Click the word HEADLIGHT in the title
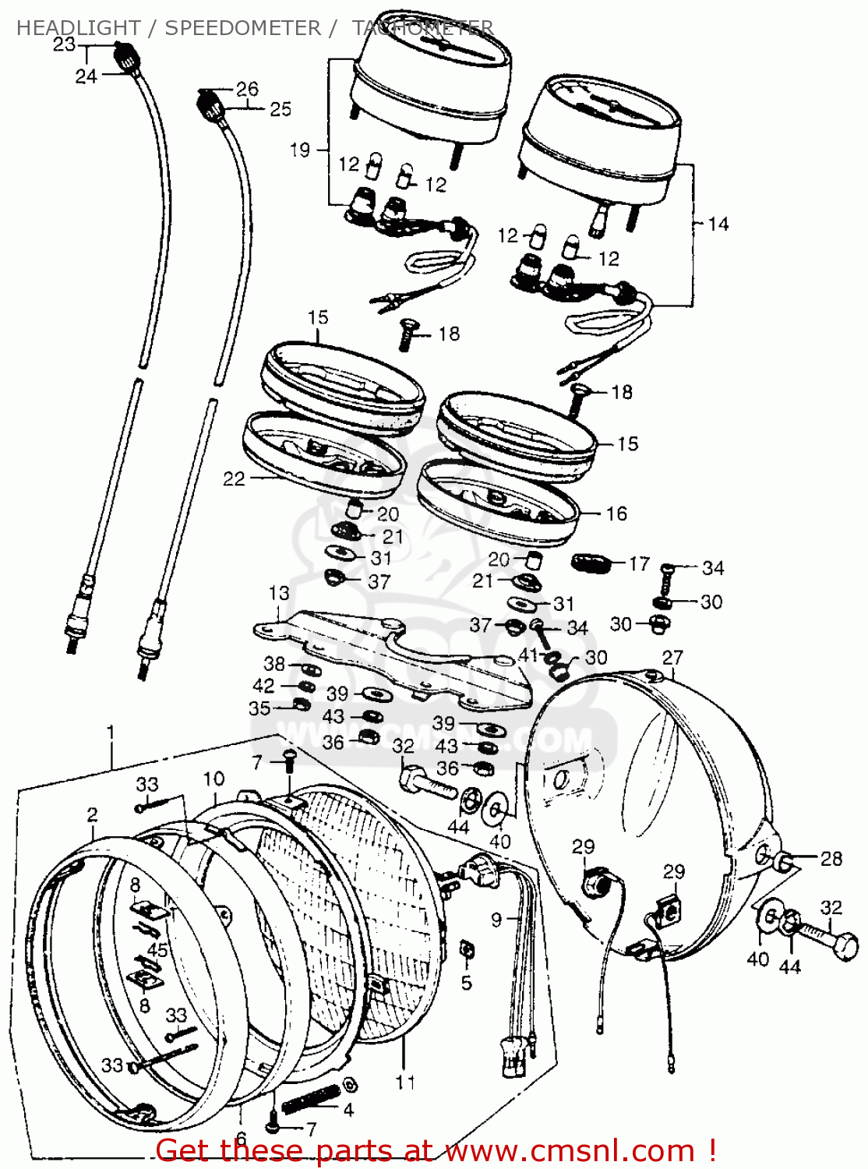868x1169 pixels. [78, 28]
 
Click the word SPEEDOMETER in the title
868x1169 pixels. [242, 28]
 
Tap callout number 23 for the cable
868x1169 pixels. [64, 44]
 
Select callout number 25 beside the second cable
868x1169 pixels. [281, 109]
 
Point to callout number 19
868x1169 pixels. [300, 150]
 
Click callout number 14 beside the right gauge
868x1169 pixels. [718, 224]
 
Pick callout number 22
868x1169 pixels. [234, 479]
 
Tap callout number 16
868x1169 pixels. [616, 514]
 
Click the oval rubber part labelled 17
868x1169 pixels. [589, 562]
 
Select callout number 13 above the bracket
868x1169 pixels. [279, 593]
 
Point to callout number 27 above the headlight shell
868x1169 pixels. [672, 657]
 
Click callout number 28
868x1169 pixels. [831, 858]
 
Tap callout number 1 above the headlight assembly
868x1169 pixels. [111, 733]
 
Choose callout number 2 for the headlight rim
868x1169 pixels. [92, 814]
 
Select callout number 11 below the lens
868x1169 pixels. [405, 1082]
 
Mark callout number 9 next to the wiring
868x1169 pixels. [496, 920]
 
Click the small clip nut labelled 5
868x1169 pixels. [466, 950]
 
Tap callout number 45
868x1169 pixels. [157, 950]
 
